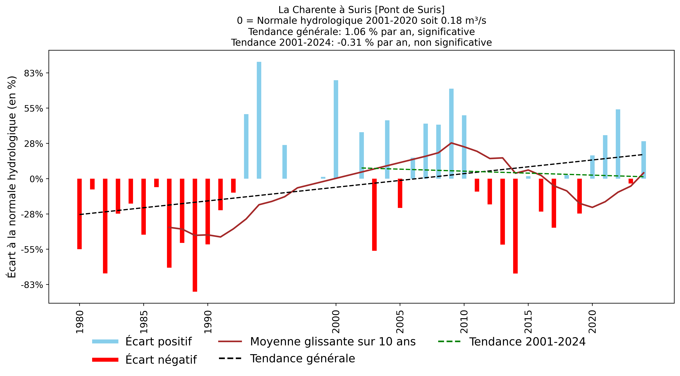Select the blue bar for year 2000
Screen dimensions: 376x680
pos(336,129)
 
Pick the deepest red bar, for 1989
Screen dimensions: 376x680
pos(195,235)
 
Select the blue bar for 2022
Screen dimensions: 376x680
pos(618,144)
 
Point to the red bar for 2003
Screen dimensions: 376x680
pos(374,215)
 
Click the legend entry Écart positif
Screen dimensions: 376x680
pos(158,341)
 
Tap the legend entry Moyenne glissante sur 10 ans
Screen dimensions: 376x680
pos(333,341)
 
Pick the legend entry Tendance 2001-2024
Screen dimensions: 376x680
pos(527,341)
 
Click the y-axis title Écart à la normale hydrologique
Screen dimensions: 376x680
pos(12,177)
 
